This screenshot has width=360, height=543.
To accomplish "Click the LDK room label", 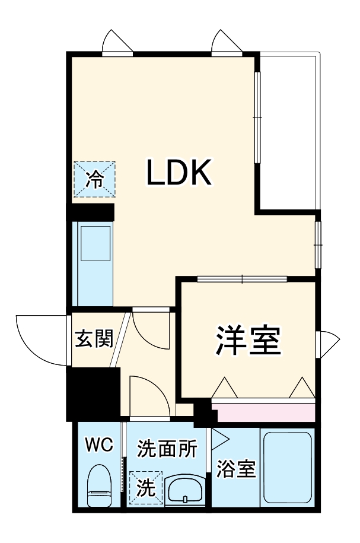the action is [x=179, y=172].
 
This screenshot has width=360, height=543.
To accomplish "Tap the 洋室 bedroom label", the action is [x=248, y=339].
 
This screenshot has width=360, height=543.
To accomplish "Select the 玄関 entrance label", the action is [x=94, y=338].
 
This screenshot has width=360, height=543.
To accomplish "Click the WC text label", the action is [x=100, y=444].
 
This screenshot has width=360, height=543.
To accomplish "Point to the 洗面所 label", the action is [x=167, y=449].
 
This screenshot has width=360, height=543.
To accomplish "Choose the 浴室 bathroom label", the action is [x=236, y=469].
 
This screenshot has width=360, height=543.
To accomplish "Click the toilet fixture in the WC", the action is [x=100, y=485].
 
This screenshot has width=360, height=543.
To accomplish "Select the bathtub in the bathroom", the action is [x=287, y=468].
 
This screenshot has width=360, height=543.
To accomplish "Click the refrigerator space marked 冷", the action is [x=94, y=179].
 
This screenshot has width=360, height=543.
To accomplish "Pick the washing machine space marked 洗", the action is [x=146, y=488].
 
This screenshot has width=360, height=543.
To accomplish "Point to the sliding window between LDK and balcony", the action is [x=257, y=117].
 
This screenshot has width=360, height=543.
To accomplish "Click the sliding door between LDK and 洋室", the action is [x=243, y=278].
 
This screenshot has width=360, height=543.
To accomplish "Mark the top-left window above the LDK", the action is [x=117, y=45].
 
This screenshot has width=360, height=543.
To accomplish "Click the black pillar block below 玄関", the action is [x=93, y=394].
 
